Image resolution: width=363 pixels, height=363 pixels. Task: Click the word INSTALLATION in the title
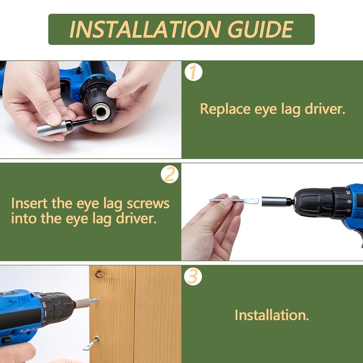tap(145, 29)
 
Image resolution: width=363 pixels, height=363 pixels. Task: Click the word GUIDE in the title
tap(260, 29)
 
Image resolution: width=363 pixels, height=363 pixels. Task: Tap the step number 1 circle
tap(193, 72)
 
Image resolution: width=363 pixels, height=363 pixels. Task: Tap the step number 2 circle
tap(170, 174)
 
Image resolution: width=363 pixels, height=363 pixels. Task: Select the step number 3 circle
tap(193, 276)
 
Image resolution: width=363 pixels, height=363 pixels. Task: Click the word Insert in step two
tap(29, 203)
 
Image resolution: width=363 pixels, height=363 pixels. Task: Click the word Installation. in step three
tap(272, 315)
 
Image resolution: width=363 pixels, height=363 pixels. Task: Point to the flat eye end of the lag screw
tap(252, 200)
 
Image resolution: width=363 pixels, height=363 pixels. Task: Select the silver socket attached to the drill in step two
tap(274, 201)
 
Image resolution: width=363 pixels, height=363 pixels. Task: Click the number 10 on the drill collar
tap(348, 192)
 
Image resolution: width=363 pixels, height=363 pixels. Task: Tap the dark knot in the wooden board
tap(100, 274)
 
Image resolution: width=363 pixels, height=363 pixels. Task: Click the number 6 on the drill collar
tap(348, 211)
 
